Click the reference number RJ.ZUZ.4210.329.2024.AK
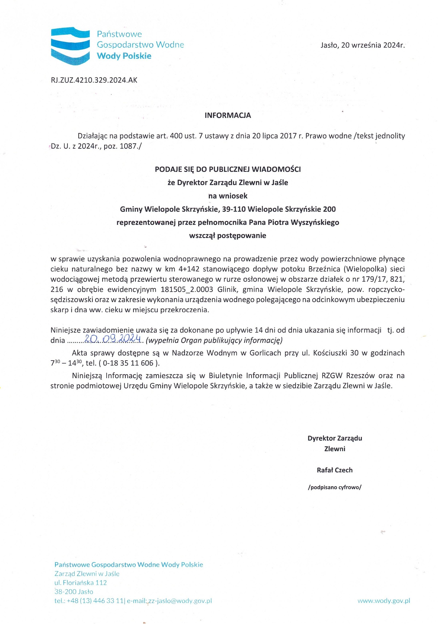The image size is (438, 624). click(x=94, y=80)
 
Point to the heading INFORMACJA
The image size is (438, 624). click(x=228, y=115)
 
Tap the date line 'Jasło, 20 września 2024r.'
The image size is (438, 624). click(x=362, y=45)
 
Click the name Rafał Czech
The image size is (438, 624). click(x=335, y=470)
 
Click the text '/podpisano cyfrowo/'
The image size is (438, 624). click(x=335, y=487)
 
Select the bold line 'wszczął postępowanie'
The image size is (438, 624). click(x=227, y=235)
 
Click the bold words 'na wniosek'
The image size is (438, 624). click(x=228, y=196)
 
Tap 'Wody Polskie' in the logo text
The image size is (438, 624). click(x=124, y=56)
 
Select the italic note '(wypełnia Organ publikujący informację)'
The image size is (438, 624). click(x=214, y=340)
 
